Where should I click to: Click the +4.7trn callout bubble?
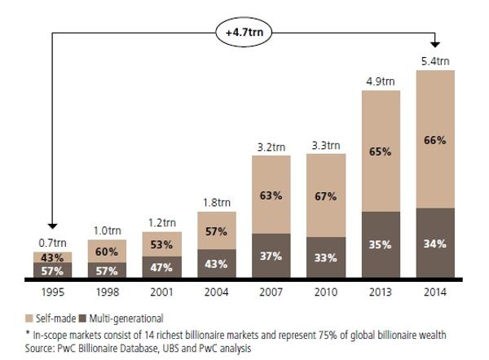pyautogui.click(x=244, y=33)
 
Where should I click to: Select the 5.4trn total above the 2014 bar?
pyautogui.click(x=435, y=61)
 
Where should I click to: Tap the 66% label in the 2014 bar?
pyautogui.click(x=435, y=139)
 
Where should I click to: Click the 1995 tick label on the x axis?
pyautogui.click(x=53, y=291)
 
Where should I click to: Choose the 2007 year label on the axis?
pyautogui.click(x=271, y=291)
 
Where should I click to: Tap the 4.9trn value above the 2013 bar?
pyautogui.click(x=381, y=81)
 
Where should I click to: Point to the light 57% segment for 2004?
pyautogui.click(x=217, y=231)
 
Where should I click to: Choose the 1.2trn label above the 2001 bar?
pyautogui.click(x=162, y=222)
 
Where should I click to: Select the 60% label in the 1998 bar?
pyautogui.click(x=108, y=252)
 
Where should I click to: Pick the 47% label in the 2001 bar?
pyautogui.click(x=162, y=266)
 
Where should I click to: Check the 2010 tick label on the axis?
pyautogui.click(x=326, y=291)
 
